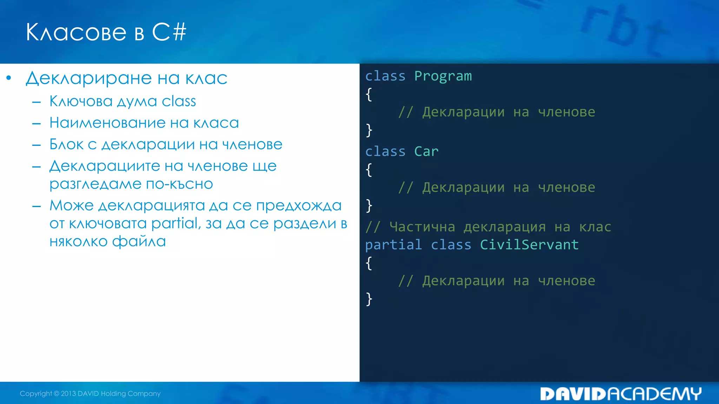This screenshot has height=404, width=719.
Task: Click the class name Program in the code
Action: [443, 76]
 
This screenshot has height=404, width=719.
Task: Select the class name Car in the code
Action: [426, 151]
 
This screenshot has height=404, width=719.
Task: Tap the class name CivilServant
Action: [529, 245]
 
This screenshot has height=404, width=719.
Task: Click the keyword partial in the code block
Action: [393, 245]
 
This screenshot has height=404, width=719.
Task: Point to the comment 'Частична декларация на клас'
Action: [488, 227]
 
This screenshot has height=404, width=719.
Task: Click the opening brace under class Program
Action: [369, 94]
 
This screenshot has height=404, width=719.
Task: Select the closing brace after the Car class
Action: [369, 206]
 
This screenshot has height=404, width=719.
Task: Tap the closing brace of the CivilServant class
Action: [369, 299]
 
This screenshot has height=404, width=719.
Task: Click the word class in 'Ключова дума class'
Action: [179, 101]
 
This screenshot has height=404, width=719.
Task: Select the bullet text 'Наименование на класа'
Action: [144, 123]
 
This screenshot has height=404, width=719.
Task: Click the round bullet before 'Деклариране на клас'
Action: [9, 78]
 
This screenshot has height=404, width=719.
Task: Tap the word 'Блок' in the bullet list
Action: [66, 144]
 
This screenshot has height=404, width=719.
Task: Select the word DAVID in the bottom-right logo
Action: [573, 394]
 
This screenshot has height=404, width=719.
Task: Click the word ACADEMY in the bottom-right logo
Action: [654, 394]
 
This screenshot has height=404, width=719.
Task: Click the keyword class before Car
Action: [385, 151]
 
